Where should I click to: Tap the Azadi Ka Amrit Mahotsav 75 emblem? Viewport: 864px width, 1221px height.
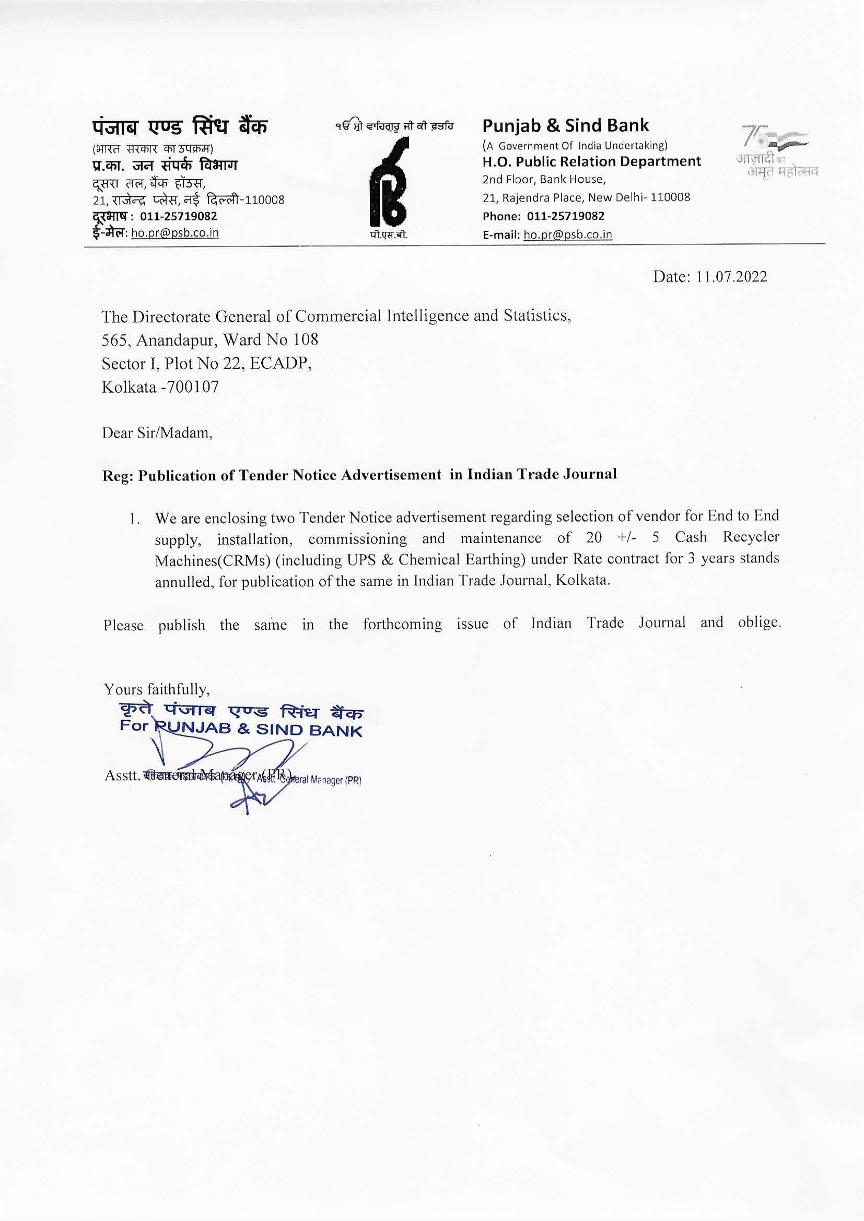(x=777, y=151)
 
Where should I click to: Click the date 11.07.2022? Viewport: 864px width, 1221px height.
(x=731, y=277)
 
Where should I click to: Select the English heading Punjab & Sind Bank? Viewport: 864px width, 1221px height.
(x=565, y=125)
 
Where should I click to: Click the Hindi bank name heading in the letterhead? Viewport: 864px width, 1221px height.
(x=180, y=127)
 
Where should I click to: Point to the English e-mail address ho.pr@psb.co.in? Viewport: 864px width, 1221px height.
(x=568, y=234)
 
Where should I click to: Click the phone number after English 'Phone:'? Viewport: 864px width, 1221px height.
(x=566, y=216)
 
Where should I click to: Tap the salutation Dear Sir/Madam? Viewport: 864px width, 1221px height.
(x=157, y=433)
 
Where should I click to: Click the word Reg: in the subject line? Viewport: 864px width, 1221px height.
(x=118, y=476)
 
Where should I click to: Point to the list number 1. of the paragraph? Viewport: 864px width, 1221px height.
(x=135, y=519)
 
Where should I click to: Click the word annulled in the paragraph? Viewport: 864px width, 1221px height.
(x=184, y=582)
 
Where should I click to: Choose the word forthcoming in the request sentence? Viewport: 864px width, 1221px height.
(x=402, y=624)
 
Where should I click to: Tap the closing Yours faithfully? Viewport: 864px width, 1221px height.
(x=157, y=690)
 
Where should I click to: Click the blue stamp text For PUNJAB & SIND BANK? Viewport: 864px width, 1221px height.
(x=240, y=729)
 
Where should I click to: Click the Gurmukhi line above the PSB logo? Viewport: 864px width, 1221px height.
(x=394, y=126)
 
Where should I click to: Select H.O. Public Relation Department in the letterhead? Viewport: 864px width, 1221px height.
(x=592, y=161)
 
